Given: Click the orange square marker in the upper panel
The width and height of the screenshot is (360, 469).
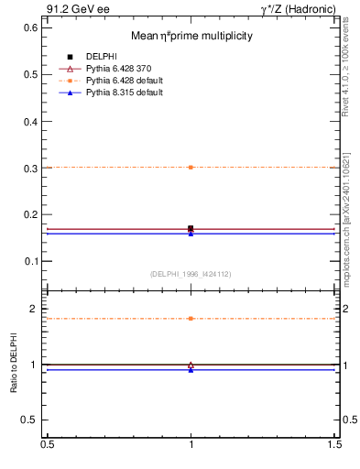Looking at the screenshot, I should pyautogui.click(x=191, y=168).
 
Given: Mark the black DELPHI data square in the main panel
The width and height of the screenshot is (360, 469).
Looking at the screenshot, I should pyautogui.click(x=191, y=228).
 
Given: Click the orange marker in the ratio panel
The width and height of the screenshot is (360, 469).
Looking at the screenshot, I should pyautogui.click(x=191, y=319).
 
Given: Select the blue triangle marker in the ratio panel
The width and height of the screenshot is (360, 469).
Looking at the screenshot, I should pyautogui.click(x=191, y=370).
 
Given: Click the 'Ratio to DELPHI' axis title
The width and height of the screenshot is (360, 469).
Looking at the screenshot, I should pyautogui.click(x=14, y=365).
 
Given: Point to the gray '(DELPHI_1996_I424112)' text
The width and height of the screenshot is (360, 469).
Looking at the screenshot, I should pyautogui.click(x=191, y=273).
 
